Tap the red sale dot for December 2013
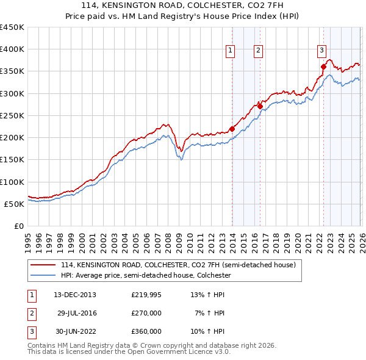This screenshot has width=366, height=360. click(x=232, y=129)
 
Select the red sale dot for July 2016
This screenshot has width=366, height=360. click(x=260, y=106)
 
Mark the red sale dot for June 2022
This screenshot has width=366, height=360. click(x=323, y=67)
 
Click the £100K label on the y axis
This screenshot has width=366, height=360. click(x=12, y=182)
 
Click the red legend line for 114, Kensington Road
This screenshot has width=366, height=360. click(x=43, y=265)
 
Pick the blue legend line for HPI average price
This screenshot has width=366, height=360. click(x=43, y=276)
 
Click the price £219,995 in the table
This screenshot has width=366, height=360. click(x=146, y=295)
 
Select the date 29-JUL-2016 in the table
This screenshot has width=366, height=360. click(x=77, y=313)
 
